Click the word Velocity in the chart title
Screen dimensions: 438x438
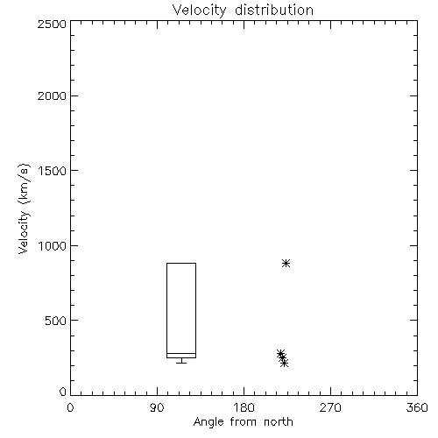coord(200,11)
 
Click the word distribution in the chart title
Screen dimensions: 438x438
coord(274,10)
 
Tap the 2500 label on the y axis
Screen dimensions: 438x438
coord(52,24)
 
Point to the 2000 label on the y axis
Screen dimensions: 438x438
coord(52,95)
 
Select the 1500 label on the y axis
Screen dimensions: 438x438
coord(53,170)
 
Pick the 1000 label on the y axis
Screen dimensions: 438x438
coord(53,245)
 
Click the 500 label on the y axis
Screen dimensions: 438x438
coord(56,321)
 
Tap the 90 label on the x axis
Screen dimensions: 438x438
coord(157,407)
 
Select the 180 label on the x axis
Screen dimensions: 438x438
coord(244,407)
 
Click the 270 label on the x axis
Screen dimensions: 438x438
coord(330,407)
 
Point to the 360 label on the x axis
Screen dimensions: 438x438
coord(417,407)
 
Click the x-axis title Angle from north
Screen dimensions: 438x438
coord(244,422)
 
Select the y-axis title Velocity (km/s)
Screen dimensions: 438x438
coord(24,208)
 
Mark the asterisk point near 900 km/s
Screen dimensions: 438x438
coord(286,263)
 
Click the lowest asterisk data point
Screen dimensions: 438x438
coord(284,364)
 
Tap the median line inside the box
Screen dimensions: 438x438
coord(181,354)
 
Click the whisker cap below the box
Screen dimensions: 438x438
coord(181,363)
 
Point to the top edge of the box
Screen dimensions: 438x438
coord(181,263)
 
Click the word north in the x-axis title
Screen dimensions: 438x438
coord(279,422)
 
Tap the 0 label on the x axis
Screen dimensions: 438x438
coord(70,407)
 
